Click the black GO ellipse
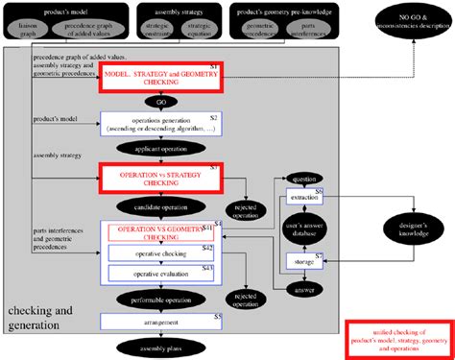pos(158,99)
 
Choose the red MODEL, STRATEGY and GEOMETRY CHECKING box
pos(159,75)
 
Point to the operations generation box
pos(159,124)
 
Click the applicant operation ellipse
pos(158,150)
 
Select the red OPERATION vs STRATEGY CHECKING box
pos(159,179)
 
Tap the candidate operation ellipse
pos(158,205)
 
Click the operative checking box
pos(160,253)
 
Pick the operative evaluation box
pos(160,273)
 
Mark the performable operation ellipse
pos(158,299)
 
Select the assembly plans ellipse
pos(158,347)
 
